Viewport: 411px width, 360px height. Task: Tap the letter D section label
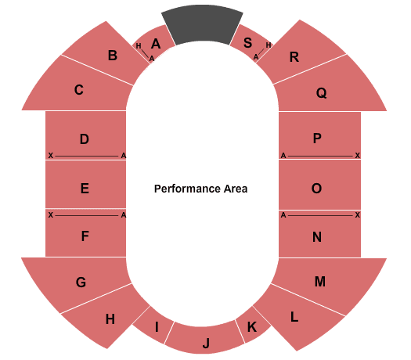(x=84, y=139)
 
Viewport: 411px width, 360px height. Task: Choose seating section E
(x=85, y=185)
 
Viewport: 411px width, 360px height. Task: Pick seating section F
(x=85, y=233)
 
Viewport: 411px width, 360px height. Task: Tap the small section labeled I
(x=154, y=326)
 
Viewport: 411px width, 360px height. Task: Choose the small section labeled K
(x=252, y=326)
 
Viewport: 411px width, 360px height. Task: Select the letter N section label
(x=317, y=237)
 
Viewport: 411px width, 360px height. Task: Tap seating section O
(x=319, y=185)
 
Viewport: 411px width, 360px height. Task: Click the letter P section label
(x=317, y=139)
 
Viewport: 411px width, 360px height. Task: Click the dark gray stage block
(x=202, y=24)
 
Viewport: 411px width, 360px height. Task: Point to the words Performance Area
(x=200, y=189)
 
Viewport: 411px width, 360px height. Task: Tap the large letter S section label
(x=247, y=43)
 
